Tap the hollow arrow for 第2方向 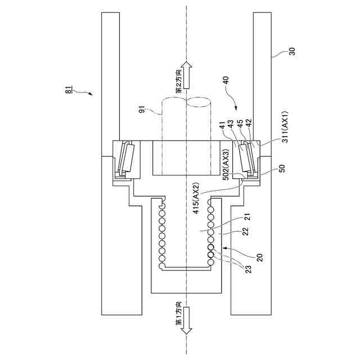coord(188,74)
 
